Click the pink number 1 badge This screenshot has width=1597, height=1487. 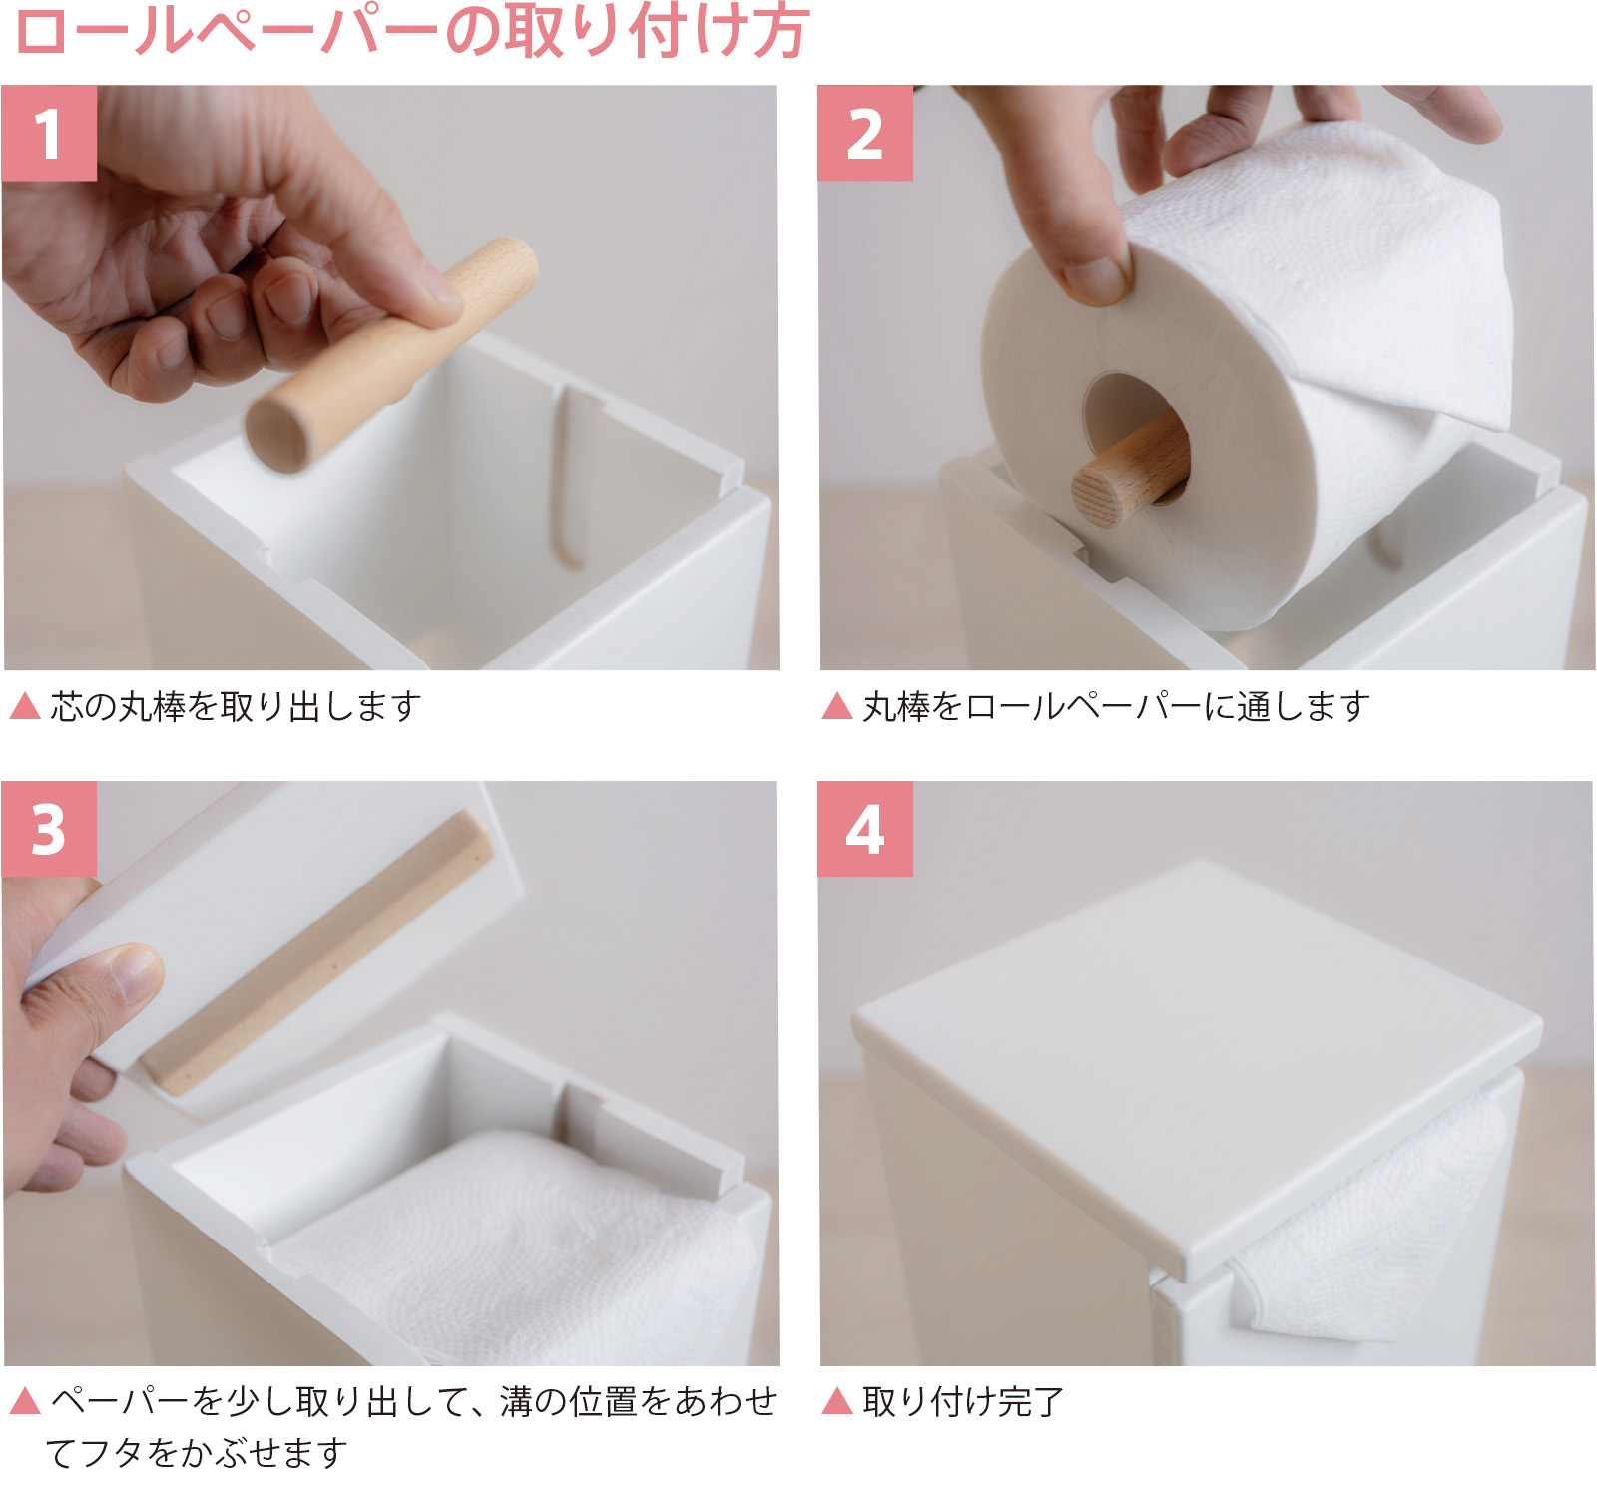(49, 133)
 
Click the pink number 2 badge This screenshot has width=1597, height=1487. (864, 133)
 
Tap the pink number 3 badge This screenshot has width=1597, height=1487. (49, 829)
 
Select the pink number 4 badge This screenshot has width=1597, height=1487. (864, 829)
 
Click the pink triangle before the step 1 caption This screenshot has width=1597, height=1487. (24, 706)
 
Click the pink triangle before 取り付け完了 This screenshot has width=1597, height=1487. (836, 1401)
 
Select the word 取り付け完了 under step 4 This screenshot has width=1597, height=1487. (963, 1401)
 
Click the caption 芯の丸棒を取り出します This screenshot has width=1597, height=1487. (236, 706)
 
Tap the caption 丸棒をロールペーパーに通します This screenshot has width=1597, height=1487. (1115, 706)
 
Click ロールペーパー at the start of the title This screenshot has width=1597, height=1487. (225, 32)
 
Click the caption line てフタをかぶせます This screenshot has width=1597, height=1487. (196, 1452)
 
